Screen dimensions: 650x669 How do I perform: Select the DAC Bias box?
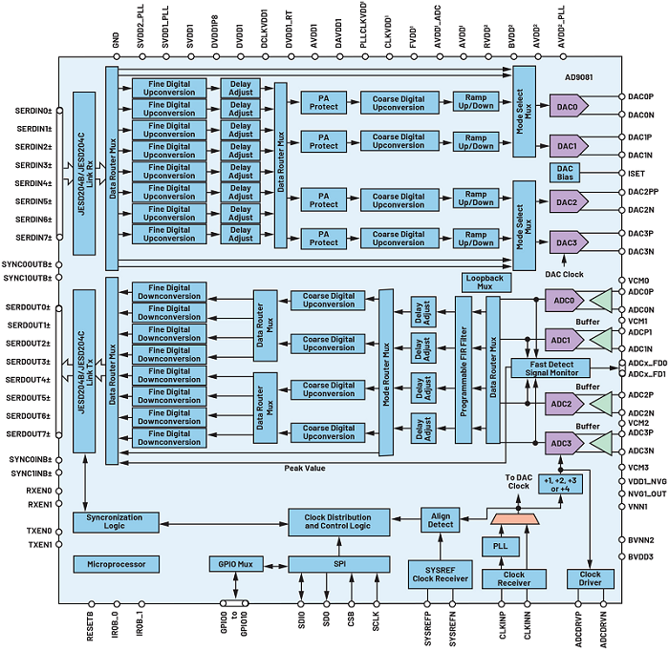565,174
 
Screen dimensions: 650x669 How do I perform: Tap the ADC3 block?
561,443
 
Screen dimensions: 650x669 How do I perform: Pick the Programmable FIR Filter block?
463,368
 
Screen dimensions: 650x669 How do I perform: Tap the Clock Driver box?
590,578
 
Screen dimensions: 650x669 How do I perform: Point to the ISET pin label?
638,174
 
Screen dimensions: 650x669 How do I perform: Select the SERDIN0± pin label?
33,112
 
